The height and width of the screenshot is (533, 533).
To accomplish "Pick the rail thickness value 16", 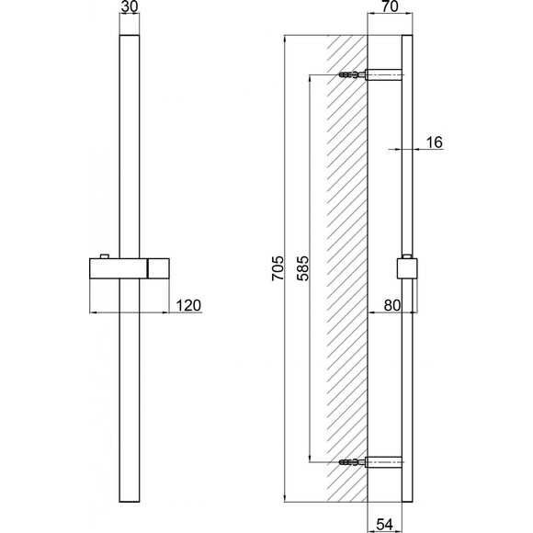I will (x=435, y=142).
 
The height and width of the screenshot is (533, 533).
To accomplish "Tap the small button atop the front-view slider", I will (x=103, y=255).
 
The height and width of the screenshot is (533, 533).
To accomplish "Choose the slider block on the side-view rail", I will (x=406, y=268).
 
